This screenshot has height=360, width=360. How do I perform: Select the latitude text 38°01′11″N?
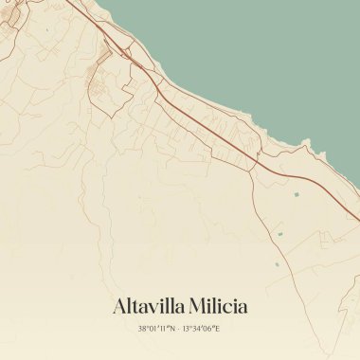tap(157, 329)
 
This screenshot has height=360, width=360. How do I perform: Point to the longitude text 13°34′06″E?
tap(203, 329)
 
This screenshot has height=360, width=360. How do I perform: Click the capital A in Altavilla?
tap(119, 306)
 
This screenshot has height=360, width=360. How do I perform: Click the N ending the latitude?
tap(173, 329)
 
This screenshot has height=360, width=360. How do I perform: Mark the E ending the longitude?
tap(219, 329)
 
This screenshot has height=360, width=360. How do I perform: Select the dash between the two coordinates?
tap(180, 329)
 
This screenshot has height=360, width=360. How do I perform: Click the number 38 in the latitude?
tap(142, 329)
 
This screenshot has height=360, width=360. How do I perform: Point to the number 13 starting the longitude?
tap(189, 329)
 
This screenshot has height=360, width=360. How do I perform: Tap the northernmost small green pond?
tap(295, 194)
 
